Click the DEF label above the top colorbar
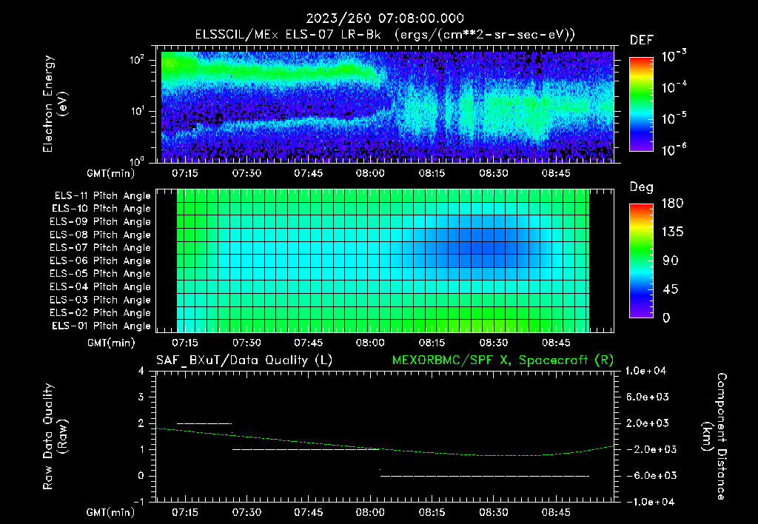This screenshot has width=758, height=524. pos(641,40)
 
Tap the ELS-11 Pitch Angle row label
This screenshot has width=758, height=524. pos(101,196)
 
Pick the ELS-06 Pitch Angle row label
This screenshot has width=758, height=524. pos(101,261)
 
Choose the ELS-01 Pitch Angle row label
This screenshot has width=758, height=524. pos(101,326)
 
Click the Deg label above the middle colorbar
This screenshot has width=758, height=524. pos(641,187)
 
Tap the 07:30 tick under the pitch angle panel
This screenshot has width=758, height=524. pos(246,343)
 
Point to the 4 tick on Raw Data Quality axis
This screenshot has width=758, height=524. pos(141,371)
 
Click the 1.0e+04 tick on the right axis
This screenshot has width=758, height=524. pos(648,371)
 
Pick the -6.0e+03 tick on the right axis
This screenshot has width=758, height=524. pos(648,475)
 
